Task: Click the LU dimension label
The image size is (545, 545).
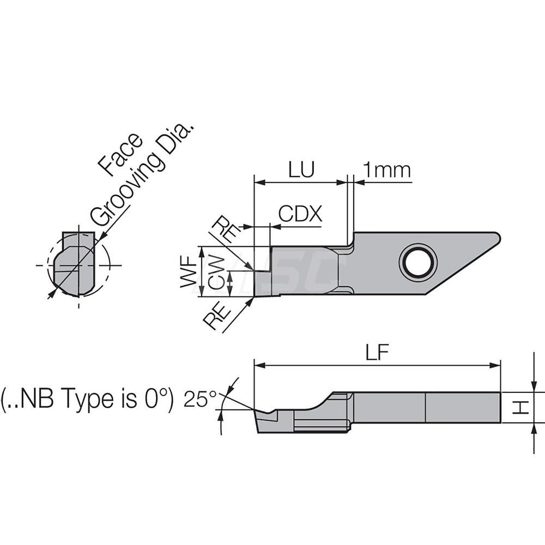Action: [301, 170]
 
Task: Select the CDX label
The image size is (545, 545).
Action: [300, 214]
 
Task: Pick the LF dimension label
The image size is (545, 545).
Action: [377, 354]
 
